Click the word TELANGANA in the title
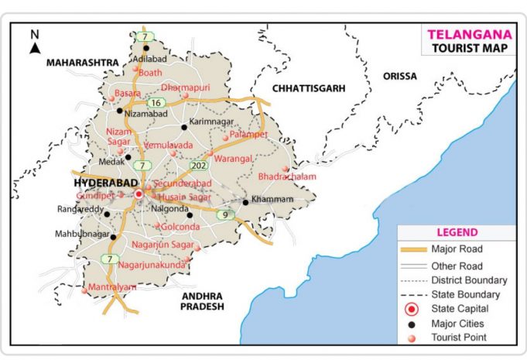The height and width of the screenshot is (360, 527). (x=468, y=35)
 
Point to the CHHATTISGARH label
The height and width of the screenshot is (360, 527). (x=308, y=89)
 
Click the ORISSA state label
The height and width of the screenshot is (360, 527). (x=399, y=76)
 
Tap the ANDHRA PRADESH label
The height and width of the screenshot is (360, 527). (x=203, y=301)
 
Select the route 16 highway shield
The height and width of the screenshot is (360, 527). (x=156, y=102)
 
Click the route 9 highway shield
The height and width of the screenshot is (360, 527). (x=226, y=214)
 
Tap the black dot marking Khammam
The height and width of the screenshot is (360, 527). (x=245, y=202)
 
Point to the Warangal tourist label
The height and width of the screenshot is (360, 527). (x=234, y=159)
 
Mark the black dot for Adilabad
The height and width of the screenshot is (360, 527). (x=145, y=48)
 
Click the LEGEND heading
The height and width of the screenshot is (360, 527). (x=457, y=232)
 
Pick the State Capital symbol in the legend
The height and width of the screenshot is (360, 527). (x=412, y=310)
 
